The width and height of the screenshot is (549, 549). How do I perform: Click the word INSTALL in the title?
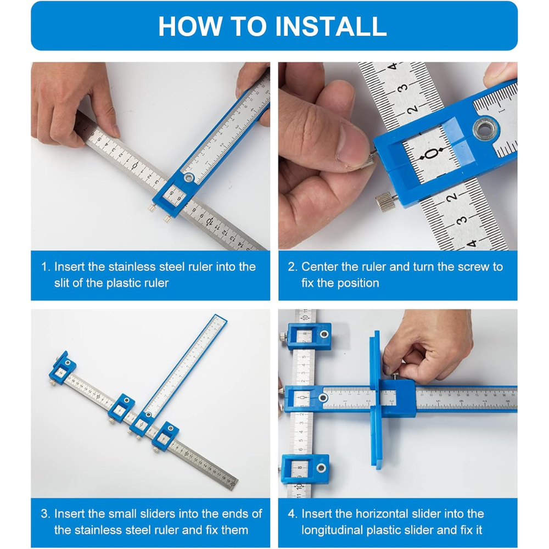click(331, 26)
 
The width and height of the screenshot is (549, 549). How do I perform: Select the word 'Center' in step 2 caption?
click(320, 267)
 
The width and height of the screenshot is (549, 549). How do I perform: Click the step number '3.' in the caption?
click(46, 514)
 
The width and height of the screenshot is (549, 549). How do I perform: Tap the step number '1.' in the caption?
click(46, 267)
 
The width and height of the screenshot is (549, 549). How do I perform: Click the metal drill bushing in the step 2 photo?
click(485, 129)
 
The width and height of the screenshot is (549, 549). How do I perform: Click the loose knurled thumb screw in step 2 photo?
click(385, 202)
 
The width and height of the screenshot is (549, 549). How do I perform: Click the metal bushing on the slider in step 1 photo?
click(188, 177)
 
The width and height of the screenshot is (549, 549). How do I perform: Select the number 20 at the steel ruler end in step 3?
click(232, 484)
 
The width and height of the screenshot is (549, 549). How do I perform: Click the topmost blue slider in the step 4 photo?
click(309, 336)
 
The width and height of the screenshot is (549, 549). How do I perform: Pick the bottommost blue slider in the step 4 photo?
click(305, 469)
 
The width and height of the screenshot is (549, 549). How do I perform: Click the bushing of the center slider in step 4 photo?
click(322, 397)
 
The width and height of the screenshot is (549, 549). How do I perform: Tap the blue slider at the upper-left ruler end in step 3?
click(63, 368)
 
